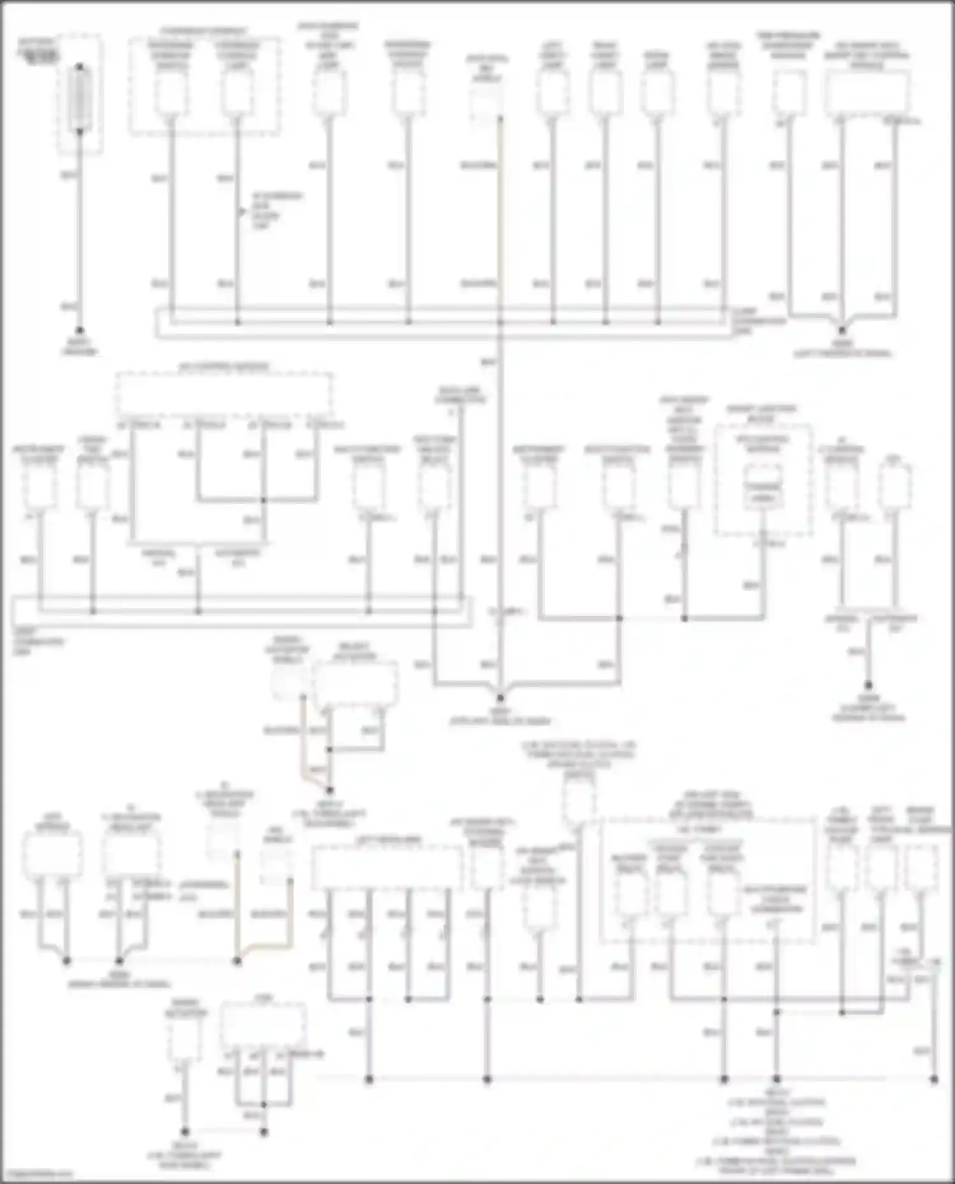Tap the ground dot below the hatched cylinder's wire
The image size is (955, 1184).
tap(80, 330)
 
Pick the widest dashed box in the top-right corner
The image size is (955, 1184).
tap(867, 94)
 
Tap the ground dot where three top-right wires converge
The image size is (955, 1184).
tap(842, 330)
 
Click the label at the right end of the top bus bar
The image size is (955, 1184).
tap(759, 321)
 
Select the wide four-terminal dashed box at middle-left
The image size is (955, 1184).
tap(223, 395)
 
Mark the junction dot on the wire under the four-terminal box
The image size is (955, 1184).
tap(263, 500)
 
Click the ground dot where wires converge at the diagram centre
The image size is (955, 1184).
tap(500, 699)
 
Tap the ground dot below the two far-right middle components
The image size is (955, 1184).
tap(868, 685)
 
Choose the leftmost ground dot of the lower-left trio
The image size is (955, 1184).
tap(67, 961)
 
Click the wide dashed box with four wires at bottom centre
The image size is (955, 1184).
tap(387, 868)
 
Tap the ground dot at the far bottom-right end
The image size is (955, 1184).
tap(934, 1080)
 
